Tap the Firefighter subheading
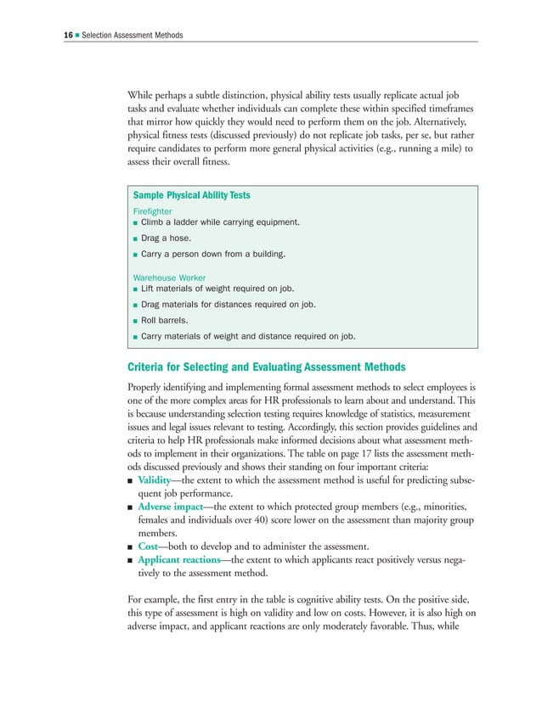tap(153, 210)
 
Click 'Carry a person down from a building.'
tap(212, 255)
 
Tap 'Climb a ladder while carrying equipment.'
tap(220, 222)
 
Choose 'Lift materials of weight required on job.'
tap(222, 289)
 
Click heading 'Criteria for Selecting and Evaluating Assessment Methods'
tap(266, 367)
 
